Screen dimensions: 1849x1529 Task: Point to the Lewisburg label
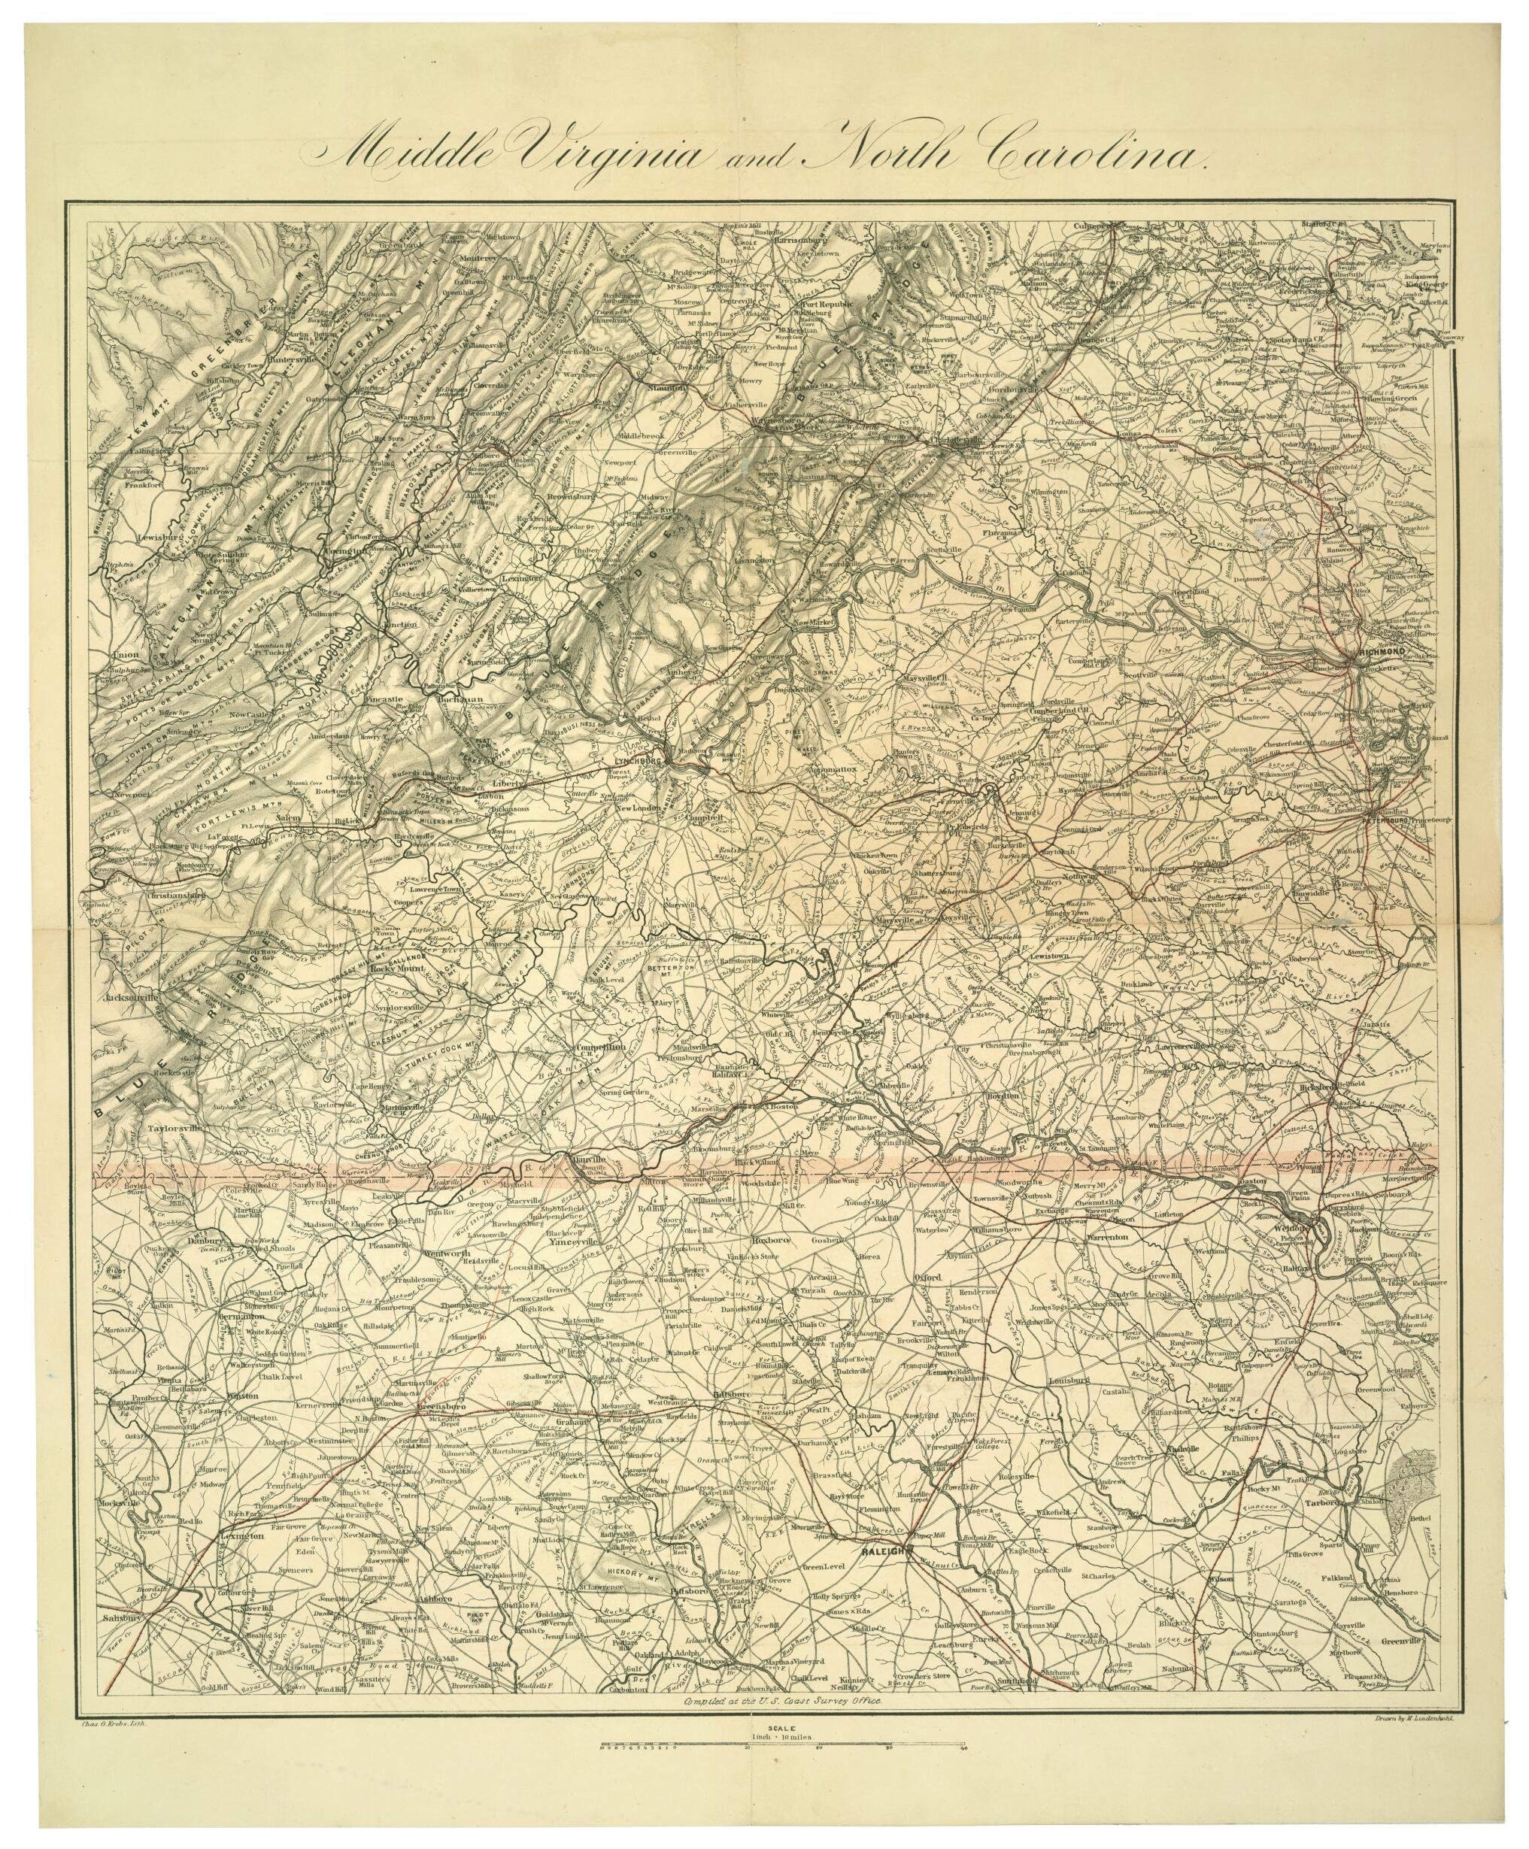click(159, 535)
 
